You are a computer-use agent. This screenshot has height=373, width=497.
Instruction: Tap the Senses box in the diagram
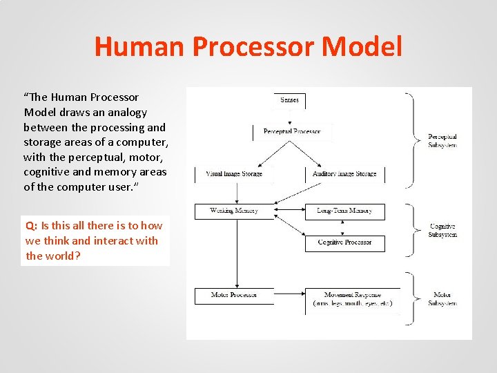pos(289,100)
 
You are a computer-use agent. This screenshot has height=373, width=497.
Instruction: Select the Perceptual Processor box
pos(291,131)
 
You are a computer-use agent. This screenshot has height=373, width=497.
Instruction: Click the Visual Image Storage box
pos(234,174)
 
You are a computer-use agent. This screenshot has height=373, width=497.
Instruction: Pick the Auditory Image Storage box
pos(344,174)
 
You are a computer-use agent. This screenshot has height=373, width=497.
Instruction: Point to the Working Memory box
pos(234,211)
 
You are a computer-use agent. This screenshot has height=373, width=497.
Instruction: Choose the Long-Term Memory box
pos(344,211)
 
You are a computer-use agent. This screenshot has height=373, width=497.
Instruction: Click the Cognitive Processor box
pos(344,242)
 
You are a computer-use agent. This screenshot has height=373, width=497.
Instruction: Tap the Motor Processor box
pos(234,295)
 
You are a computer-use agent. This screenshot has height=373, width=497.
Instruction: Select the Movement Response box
pos(353,299)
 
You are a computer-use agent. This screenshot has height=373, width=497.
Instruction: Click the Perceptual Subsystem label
pos(442,141)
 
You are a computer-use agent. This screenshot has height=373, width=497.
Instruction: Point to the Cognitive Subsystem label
pos(442,231)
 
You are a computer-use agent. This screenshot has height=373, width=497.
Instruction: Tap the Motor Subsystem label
pos(442,299)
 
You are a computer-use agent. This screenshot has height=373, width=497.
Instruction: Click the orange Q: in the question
pos(32,226)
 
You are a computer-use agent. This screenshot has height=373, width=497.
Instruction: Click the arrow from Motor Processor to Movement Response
pos(289,295)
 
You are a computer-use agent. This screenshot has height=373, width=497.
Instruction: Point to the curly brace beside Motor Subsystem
pos(412,299)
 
